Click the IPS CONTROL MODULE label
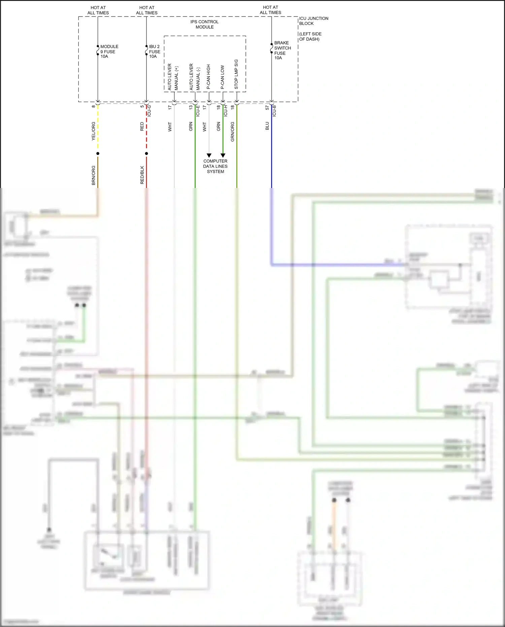pos(204,24)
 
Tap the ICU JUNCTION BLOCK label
pos(313,21)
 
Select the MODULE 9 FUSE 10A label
pos(109,52)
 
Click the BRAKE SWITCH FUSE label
pos(282,50)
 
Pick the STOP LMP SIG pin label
pos(236,74)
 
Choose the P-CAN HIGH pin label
pos(208,76)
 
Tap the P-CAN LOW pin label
pos(222,77)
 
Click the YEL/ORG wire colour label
pos(94,131)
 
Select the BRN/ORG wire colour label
pos(94,175)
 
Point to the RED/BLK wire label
pos(142,175)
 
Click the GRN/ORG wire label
pos(232,132)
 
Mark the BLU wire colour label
pos(267,126)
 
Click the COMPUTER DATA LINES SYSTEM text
pos(215,166)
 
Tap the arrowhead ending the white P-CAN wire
pos(209,155)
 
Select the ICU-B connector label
pos(274,111)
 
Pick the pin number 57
pos(267,107)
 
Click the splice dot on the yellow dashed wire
pos(98,154)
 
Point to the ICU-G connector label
pos(149,111)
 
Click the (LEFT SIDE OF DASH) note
pos(310,36)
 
